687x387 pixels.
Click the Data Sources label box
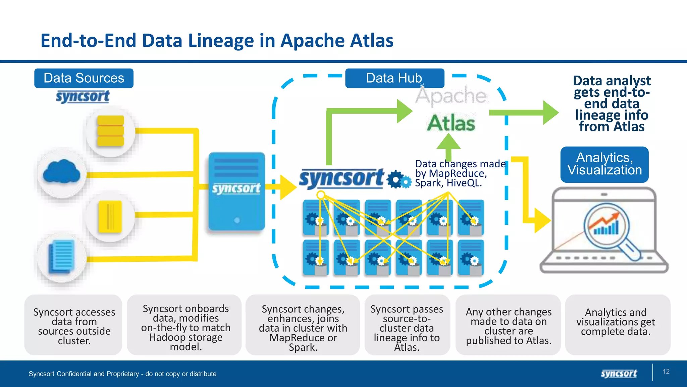84,78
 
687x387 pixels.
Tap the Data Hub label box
394,78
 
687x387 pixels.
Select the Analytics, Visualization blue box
604,164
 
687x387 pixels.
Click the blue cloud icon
61,172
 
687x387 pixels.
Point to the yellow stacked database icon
111,131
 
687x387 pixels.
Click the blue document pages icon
61,257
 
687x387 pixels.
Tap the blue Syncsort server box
236,191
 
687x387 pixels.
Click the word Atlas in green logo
451,123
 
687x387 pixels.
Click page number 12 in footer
666,372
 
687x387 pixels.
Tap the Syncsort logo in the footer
619,374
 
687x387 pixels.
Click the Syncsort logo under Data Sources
83,96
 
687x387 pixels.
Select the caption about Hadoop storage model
186,327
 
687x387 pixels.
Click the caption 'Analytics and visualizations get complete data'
616,322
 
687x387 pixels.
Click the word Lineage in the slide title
221,41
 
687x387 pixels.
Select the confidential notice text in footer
122,374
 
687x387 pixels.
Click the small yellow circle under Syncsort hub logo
321,195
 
